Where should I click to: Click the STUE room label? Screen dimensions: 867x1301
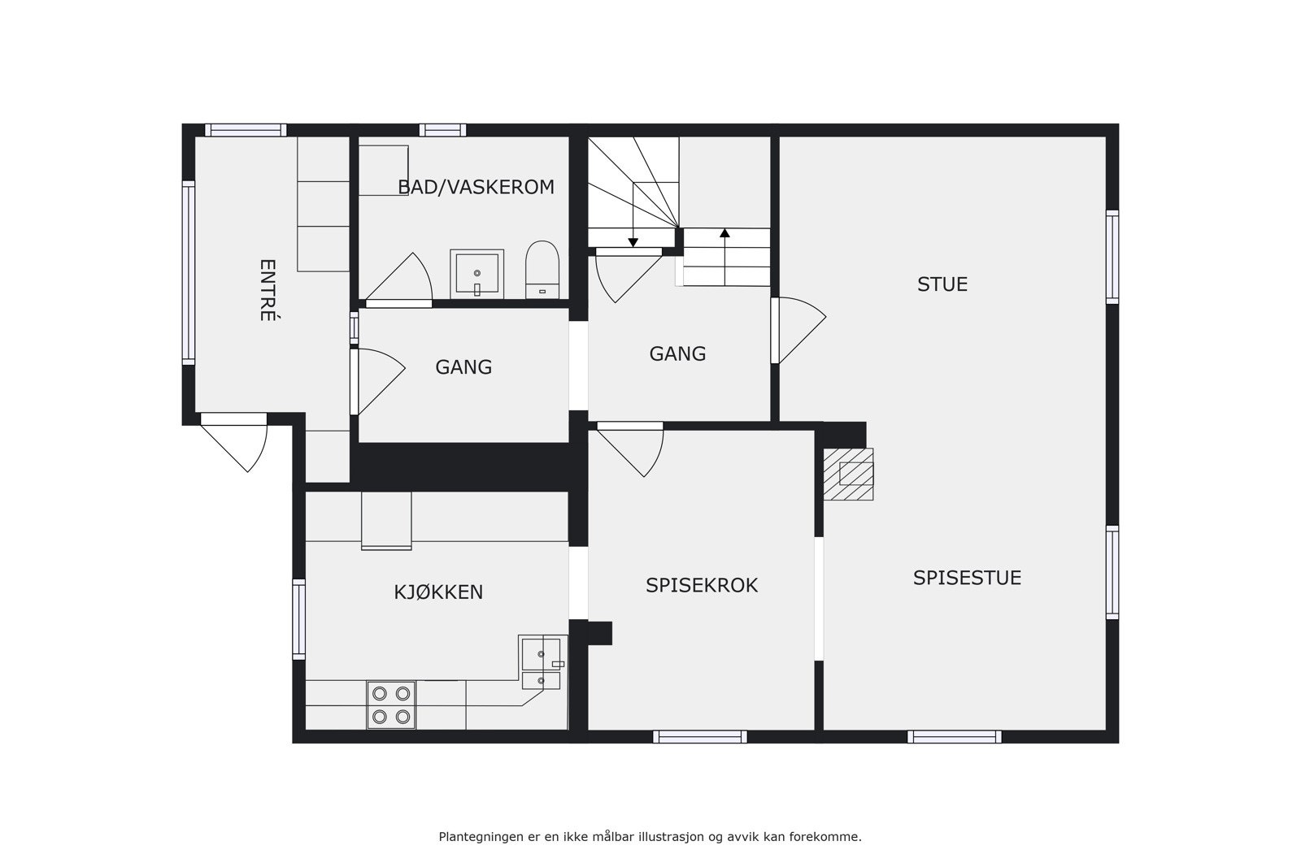pos(942,284)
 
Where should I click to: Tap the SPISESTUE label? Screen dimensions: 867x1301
pos(966,578)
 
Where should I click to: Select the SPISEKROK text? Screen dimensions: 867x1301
pos(701,585)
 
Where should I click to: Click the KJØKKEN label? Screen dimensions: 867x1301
pos(438,592)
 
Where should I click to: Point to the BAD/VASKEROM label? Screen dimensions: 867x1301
pos(476,187)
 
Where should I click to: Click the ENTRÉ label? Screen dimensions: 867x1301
pos(268,290)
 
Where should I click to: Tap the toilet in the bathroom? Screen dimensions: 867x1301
pos(542,270)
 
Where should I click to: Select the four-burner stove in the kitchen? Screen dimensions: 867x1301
pos(391,704)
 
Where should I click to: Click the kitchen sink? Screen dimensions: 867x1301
pos(541,652)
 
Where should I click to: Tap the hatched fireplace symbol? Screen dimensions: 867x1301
pos(848,474)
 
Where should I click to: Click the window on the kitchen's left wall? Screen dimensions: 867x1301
pos(298,618)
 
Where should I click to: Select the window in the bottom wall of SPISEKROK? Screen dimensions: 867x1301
pos(699,737)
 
